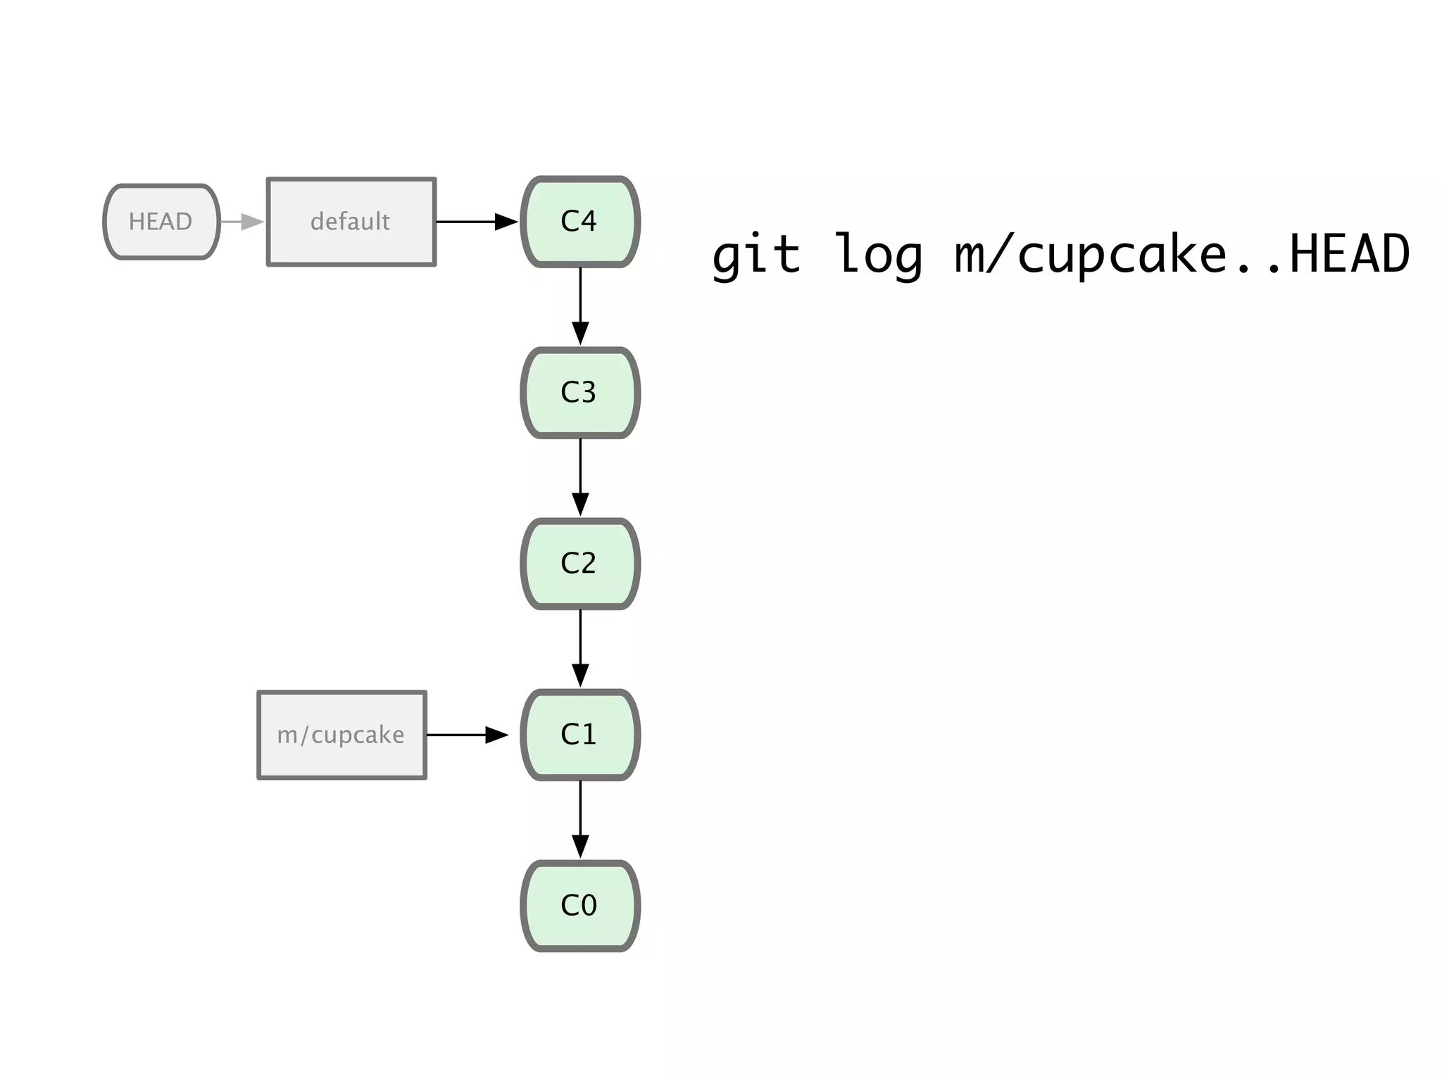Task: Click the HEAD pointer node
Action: [161, 222]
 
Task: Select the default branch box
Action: [351, 222]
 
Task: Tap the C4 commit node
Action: [579, 222]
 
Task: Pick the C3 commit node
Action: [579, 393]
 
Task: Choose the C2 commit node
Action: [579, 564]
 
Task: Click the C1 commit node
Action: [579, 735]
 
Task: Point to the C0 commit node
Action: [579, 906]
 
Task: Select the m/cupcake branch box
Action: [341, 735]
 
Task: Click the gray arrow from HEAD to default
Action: [242, 222]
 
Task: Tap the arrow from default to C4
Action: [477, 222]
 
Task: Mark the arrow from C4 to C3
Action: [580, 306]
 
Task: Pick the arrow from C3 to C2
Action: [580, 477]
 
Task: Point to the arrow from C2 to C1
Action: [580, 648]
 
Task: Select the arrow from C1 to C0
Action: [580, 819]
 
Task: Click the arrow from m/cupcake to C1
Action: [467, 735]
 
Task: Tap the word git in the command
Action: [756, 255]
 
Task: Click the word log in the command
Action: [877, 255]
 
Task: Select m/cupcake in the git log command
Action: [1091, 255]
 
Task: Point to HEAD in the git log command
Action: [1349, 255]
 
